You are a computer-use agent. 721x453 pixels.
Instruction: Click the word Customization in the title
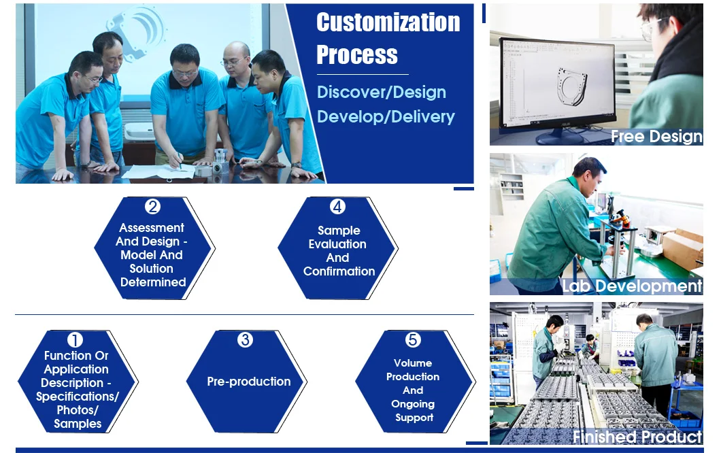(388, 22)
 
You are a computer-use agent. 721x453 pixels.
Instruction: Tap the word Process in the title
(357, 54)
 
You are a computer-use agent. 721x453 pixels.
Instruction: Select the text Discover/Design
(382, 93)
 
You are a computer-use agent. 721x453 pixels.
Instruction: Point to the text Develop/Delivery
(386, 117)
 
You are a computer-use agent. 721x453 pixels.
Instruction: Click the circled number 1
(75, 340)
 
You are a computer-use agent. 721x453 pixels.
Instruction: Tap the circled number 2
(152, 207)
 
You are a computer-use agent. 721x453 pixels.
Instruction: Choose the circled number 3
(245, 340)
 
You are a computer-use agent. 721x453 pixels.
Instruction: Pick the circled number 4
(337, 207)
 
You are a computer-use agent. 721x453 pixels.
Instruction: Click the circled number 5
(413, 340)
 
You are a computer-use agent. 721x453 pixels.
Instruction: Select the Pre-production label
(249, 382)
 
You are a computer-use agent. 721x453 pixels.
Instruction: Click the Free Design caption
(656, 137)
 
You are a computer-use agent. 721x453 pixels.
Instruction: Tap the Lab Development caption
(633, 286)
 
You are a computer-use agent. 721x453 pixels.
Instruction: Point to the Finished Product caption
(637, 437)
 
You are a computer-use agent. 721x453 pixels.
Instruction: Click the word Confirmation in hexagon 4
(339, 271)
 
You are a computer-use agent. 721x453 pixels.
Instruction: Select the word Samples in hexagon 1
(78, 424)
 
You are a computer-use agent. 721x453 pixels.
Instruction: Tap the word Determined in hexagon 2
(153, 282)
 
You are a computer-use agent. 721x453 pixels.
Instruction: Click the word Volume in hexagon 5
(413, 363)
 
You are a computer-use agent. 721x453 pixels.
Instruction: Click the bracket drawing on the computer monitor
(571, 85)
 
